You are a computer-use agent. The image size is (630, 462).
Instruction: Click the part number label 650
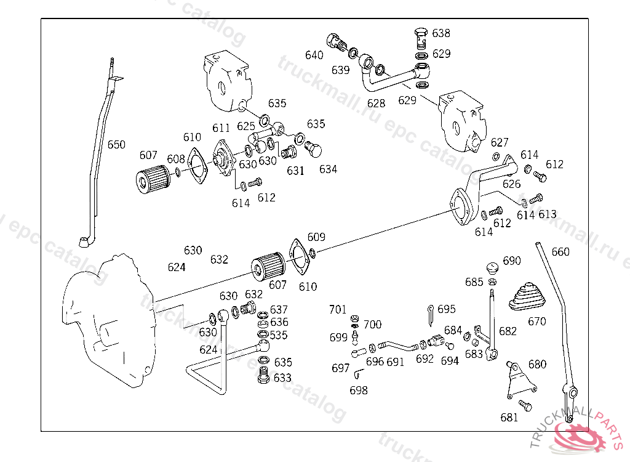(116, 145)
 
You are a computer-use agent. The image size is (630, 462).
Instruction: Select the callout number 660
(560, 252)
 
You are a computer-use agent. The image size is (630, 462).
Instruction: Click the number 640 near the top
(314, 55)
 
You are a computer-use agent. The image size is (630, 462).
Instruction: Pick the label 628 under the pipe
(376, 103)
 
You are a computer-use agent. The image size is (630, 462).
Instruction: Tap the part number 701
(338, 309)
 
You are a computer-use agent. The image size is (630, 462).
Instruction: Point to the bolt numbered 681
(525, 405)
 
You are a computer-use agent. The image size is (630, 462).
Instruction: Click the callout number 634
(328, 169)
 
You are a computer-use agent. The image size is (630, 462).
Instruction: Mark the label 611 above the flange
(221, 128)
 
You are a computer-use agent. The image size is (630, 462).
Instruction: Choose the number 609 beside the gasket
(316, 237)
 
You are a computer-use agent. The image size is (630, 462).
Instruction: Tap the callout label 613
(547, 214)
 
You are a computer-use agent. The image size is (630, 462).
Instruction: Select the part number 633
(282, 378)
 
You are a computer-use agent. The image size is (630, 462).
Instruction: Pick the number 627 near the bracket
(500, 143)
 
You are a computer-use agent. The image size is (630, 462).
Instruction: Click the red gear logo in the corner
(581, 436)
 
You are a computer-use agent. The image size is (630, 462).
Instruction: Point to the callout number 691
(396, 362)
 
